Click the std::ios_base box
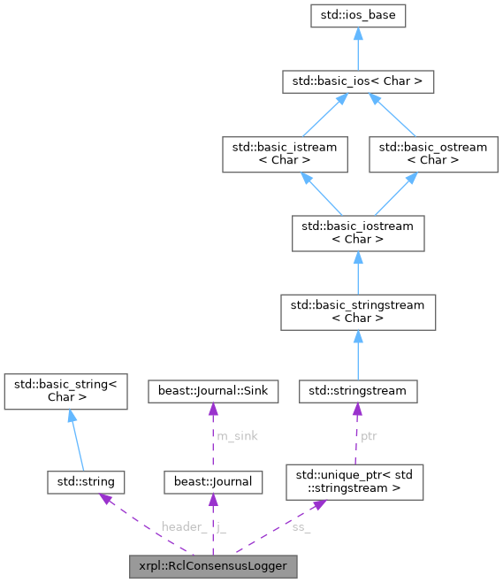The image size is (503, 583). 357,16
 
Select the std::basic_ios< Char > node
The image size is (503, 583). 357,81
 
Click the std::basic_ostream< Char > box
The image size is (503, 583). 432,153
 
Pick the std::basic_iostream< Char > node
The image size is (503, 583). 357,232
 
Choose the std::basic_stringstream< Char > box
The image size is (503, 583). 357,311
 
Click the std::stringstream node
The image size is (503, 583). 357,390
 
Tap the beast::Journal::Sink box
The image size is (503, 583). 212,390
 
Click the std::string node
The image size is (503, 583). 86,482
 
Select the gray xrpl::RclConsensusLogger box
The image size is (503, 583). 212,564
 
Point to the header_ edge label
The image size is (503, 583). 183,527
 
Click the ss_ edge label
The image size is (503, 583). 301,527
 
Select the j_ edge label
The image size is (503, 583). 222,527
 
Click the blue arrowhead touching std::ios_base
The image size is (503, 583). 357,34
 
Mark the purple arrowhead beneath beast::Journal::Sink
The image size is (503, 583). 212,408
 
